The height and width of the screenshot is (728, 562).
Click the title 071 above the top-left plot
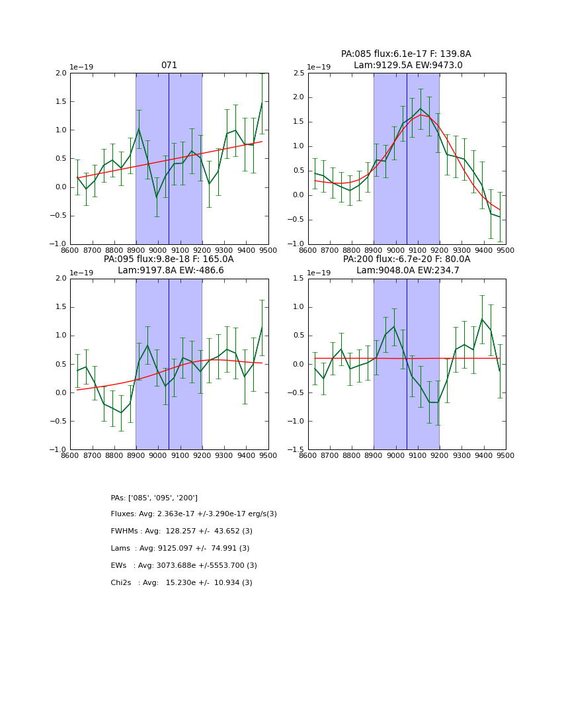click(169, 66)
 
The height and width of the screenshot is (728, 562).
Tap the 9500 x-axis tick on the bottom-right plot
click(505, 455)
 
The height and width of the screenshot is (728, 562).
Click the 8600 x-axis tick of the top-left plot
click(70, 250)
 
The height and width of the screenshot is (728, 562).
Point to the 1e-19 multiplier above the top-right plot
click(319, 67)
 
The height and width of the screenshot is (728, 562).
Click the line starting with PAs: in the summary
click(154, 498)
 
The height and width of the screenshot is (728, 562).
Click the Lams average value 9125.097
click(177, 549)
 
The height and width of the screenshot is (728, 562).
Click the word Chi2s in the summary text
click(122, 583)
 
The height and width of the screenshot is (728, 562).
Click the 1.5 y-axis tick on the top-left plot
click(60, 101)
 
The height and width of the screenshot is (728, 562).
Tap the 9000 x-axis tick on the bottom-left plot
click(158, 455)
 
